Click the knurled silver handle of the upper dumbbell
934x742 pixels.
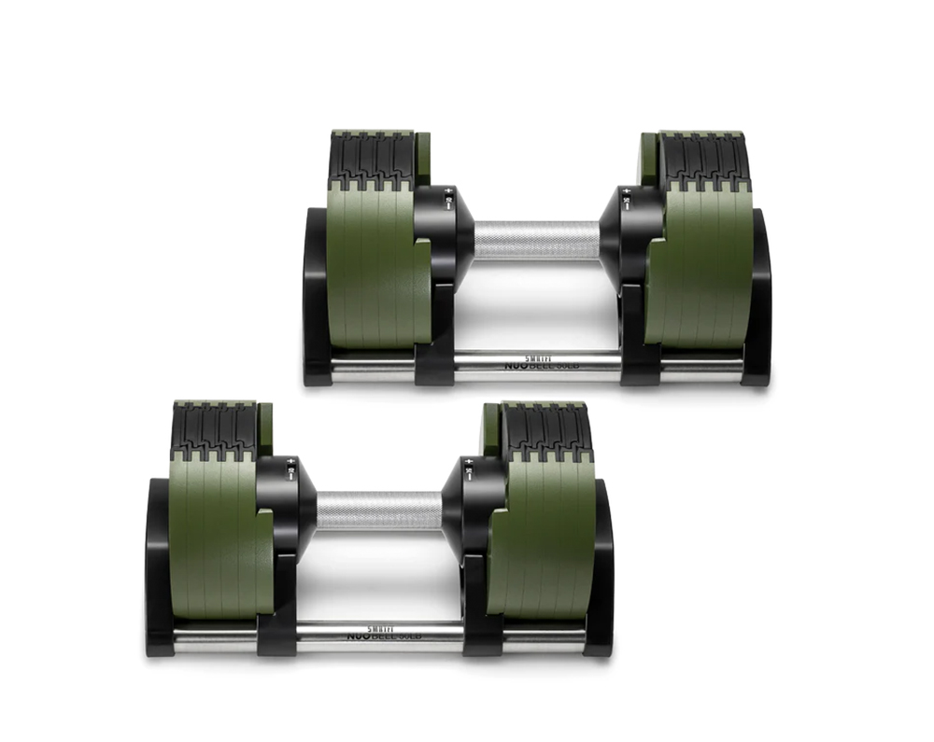click(536, 240)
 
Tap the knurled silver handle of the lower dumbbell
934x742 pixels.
click(378, 511)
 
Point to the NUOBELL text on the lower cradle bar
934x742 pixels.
click(384, 635)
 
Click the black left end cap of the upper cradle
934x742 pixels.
click(316, 299)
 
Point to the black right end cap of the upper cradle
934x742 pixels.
click(758, 299)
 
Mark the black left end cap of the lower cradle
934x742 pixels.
click(158, 569)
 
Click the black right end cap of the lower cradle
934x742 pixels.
click(601, 569)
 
